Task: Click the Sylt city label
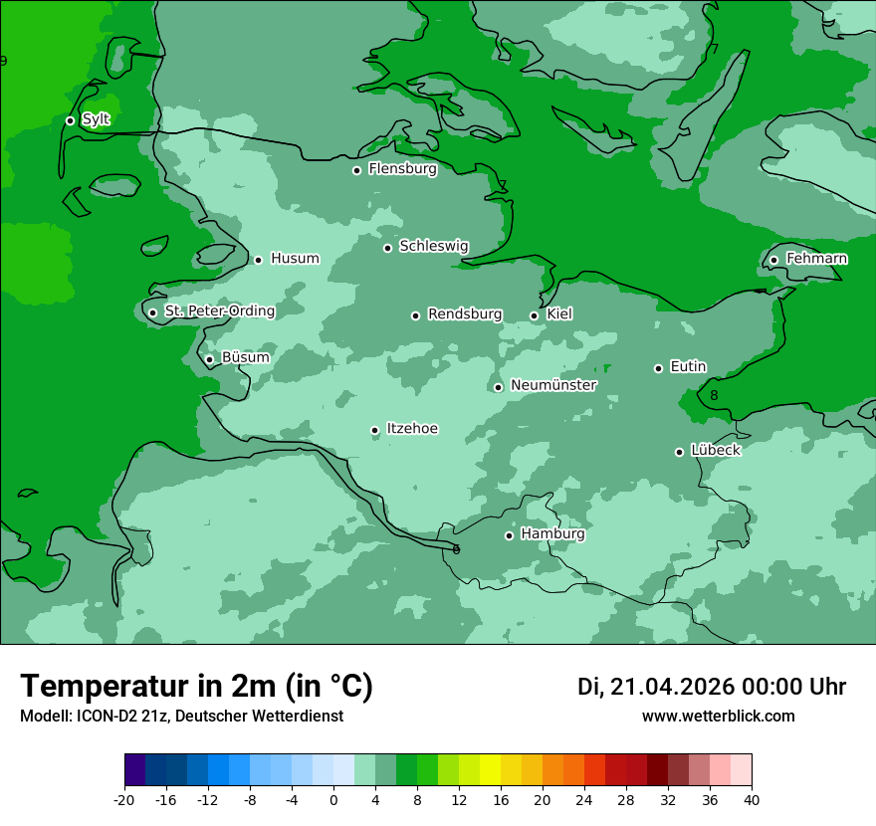pos(96,119)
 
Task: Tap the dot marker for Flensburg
pos(356,170)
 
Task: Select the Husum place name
pos(295,259)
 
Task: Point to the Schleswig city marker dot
pos(388,248)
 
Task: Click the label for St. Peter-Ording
pos(220,311)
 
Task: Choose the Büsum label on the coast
pos(245,357)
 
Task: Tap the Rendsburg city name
pos(465,314)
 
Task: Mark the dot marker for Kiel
pos(535,315)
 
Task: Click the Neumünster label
pos(553,385)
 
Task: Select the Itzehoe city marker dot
pos(375,430)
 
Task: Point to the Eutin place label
pos(688,367)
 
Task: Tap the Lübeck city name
pos(715,450)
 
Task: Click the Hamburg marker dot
pos(509,535)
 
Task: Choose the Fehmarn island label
pos(816,259)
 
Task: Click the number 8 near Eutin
pos(714,396)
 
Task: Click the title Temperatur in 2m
pos(197,686)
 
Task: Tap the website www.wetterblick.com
pos(718,716)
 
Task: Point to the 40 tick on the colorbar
pos(752,800)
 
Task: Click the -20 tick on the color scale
pos(124,800)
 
